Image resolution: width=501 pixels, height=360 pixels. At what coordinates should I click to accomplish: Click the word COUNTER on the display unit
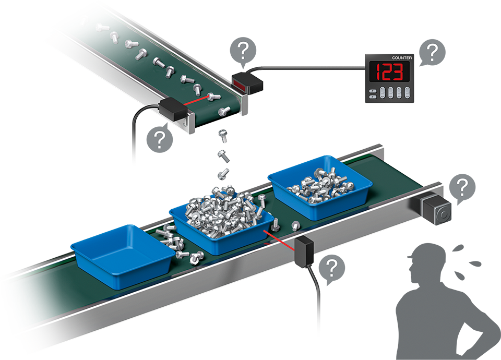pos(402,58)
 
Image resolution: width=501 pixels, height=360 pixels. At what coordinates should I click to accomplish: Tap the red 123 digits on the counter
pos(389,72)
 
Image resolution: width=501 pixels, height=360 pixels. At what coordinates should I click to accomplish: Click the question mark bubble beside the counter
pos(432,52)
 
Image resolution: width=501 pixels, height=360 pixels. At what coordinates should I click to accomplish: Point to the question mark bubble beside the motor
pos(462,188)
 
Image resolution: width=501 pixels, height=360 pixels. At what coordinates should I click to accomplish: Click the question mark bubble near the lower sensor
pos(332,268)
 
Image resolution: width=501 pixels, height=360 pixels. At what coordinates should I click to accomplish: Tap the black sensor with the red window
pos(247,83)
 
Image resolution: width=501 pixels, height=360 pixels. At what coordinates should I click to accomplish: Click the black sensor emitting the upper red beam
pos(173,109)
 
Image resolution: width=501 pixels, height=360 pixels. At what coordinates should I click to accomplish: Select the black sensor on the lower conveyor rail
pos(304,251)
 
